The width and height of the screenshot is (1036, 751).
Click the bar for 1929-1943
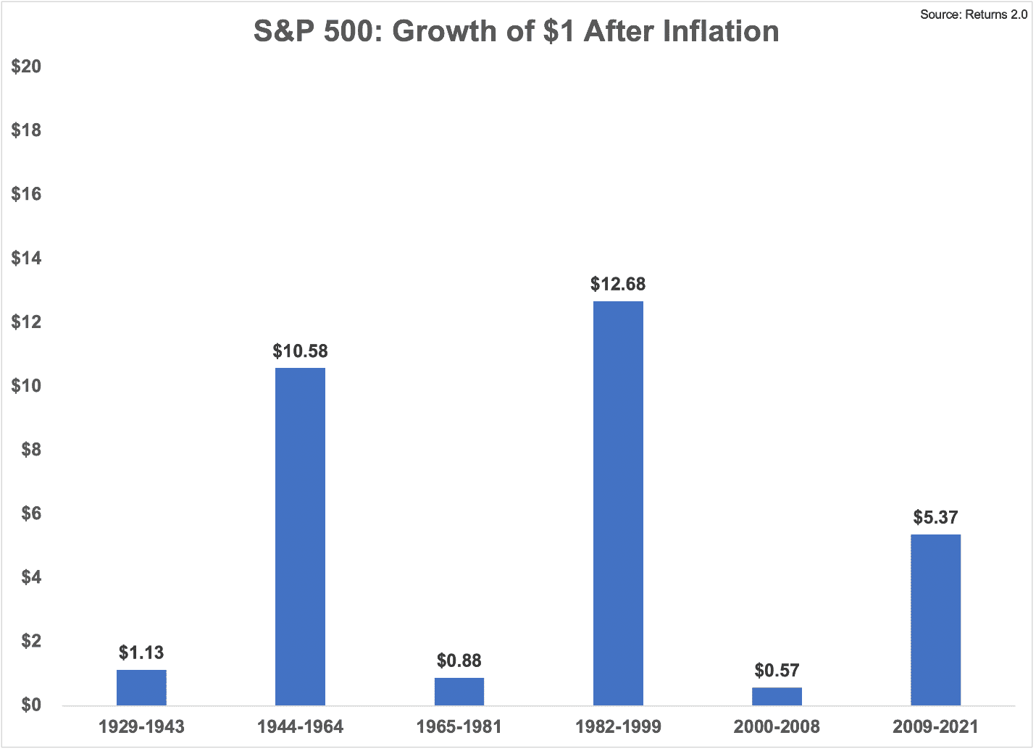[141, 688]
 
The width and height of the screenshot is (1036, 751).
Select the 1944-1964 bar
[300, 537]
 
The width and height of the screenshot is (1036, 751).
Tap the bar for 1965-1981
[459, 692]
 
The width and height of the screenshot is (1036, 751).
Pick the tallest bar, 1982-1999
[619, 503]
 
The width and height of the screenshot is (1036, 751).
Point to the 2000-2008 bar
[777, 697]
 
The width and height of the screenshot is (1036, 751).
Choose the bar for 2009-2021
[935, 620]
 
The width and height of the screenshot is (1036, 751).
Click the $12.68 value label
[618, 284]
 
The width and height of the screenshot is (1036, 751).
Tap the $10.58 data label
[300, 351]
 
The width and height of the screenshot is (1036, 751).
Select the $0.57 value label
[777, 670]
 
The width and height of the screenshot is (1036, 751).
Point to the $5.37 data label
[935, 517]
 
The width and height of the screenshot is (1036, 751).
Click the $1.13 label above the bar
[141, 653]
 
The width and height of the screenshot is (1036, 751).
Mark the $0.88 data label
[459, 660]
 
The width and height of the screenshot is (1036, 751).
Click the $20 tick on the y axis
[26, 66]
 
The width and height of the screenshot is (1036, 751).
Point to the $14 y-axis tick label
[26, 258]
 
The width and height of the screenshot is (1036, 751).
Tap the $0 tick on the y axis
[31, 705]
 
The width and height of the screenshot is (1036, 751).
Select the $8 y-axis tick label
[31, 450]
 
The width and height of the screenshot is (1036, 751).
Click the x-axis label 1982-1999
[619, 727]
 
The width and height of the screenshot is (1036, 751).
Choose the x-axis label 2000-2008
[777, 727]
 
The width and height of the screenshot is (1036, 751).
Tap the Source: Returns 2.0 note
[974, 14]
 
